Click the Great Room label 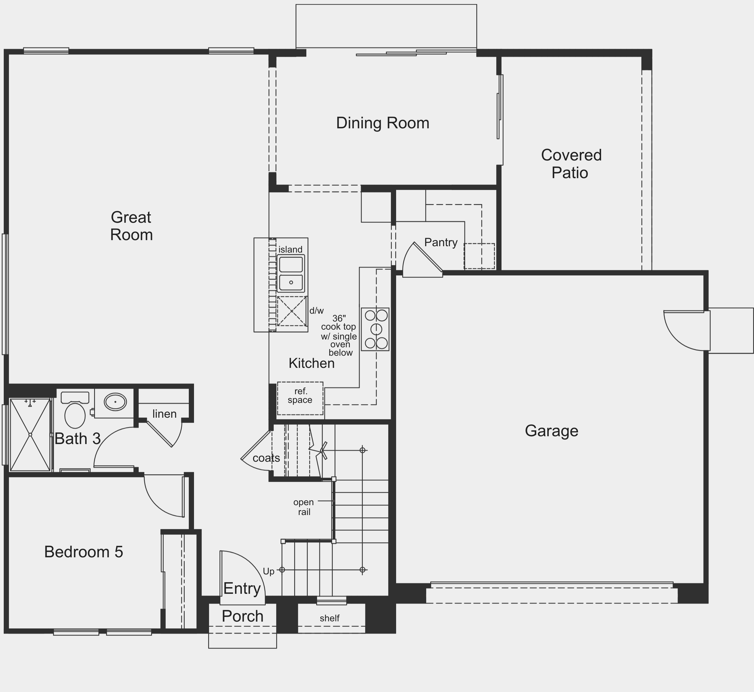(x=131, y=226)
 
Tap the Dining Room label (x=383, y=123)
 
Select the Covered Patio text (x=571, y=164)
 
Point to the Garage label (x=552, y=431)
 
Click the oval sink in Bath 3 (x=115, y=402)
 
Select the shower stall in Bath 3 (x=30, y=435)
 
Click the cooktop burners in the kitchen (x=375, y=329)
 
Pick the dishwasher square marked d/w (x=292, y=311)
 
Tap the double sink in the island (x=291, y=273)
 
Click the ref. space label (x=300, y=395)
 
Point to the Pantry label (x=441, y=242)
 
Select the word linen (x=164, y=414)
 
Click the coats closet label (x=266, y=458)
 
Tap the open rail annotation (x=304, y=507)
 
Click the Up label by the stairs (x=268, y=572)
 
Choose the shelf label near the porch (x=330, y=618)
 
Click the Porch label (x=243, y=616)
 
